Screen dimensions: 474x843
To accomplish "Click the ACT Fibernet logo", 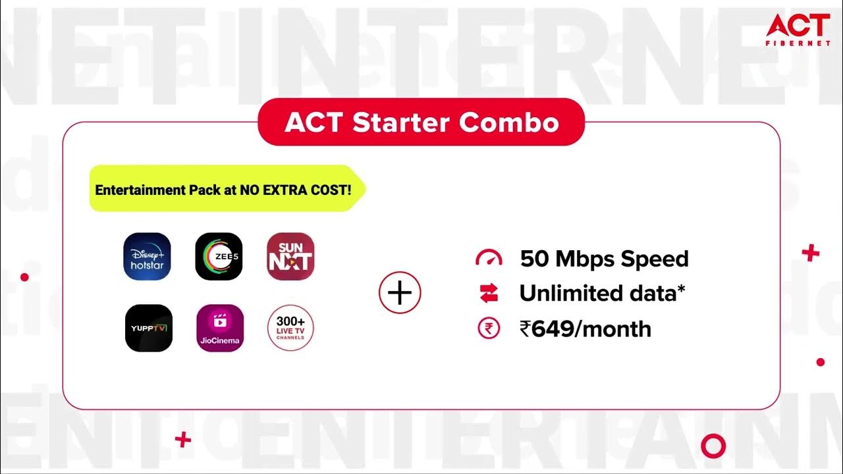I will pos(797,29).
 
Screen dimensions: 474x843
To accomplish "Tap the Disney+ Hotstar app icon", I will pos(147,257).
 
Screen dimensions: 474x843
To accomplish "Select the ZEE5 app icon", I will pos(219,257).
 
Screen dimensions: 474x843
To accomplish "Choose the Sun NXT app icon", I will pos(290,257).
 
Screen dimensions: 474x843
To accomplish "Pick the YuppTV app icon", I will pos(148,328).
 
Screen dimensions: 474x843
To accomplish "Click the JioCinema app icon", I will pos(220,328).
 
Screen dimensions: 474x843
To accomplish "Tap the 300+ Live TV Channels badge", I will pos(290,328).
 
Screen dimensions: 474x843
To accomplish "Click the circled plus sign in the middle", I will pos(400,292).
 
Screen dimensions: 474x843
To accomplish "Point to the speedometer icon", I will pos(489,258).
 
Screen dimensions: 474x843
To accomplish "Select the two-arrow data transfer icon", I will pos(489,294).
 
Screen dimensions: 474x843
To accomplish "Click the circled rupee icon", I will pos(489,329).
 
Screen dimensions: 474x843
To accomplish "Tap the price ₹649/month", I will pos(585,329).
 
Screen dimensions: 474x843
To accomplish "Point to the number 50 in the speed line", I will pos(534,259).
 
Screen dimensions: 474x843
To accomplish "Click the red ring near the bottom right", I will pos(713,446).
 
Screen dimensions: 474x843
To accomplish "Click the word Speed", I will pos(651,259).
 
